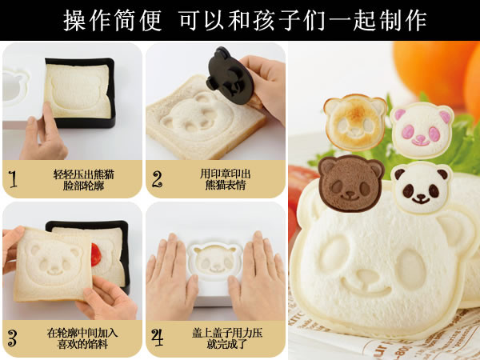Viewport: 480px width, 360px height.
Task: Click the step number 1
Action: [13, 179]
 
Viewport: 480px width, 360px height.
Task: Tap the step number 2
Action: [157, 178]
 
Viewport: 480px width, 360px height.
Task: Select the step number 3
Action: [12, 338]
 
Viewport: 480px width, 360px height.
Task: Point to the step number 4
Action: [158, 338]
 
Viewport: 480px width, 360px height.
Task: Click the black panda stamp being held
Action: [230, 75]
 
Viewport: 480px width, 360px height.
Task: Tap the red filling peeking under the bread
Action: [96, 254]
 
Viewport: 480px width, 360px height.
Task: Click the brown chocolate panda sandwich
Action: [351, 183]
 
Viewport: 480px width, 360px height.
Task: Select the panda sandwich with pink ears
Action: [422, 130]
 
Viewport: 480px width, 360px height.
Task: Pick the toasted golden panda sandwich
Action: [355, 122]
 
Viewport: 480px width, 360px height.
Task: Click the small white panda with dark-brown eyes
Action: [422, 187]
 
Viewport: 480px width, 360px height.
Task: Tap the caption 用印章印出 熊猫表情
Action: [226, 179]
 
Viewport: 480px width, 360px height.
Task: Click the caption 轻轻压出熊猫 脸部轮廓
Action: [83, 180]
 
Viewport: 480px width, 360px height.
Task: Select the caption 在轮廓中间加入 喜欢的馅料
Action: [82, 338]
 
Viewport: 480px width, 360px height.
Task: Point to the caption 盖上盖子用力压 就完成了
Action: [227, 338]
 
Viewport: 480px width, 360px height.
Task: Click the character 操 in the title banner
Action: [74, 20]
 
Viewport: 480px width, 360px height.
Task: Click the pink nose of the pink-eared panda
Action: [420, 138]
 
